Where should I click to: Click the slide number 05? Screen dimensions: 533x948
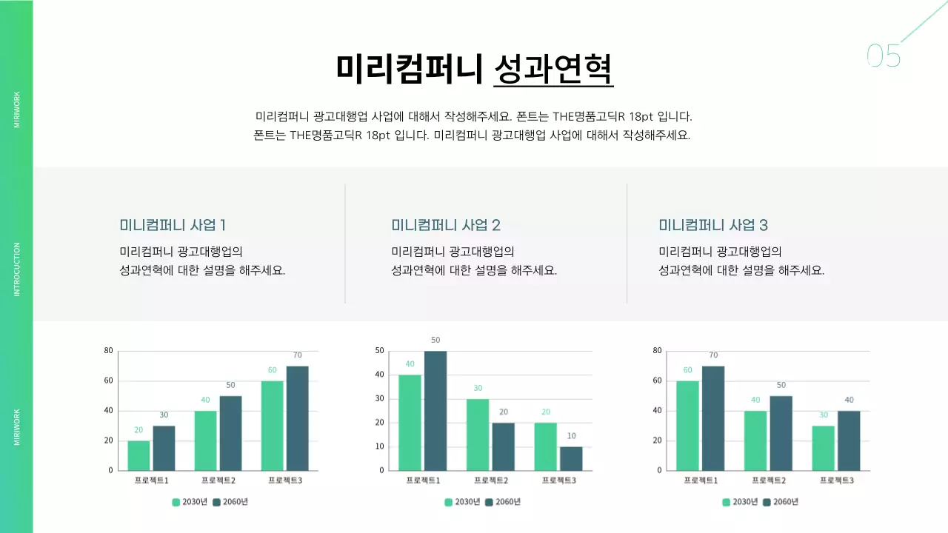tap(884, 56)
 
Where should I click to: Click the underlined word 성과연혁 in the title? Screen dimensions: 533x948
tap(553, 69)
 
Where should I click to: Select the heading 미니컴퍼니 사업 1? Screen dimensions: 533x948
tap(173, 225)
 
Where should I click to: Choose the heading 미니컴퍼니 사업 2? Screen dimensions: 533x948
tap(446, 225)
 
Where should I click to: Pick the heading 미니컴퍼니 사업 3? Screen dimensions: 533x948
tap(713, 225)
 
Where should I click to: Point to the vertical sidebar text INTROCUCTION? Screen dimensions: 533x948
tap(17, 269)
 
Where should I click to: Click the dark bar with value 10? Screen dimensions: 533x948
tap(571, 458)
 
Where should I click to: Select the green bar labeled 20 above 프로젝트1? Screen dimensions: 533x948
tap(138, 455)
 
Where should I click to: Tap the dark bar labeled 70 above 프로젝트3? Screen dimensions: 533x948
tap(297, 418)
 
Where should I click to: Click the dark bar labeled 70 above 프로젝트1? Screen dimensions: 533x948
tap(713, 418)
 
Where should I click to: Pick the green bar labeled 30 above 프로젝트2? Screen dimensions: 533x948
tap(478, 435)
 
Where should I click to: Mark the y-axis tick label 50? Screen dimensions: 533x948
tap(380, 351)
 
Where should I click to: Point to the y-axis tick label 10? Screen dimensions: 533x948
tap(380, 446)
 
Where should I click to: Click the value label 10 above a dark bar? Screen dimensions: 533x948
tap(571, 436)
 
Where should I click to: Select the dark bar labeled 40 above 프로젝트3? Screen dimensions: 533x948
tap(849, 440)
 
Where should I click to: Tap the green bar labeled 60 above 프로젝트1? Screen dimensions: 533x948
tap(687, 426)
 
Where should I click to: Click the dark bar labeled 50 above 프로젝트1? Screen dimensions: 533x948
tap(435, 411)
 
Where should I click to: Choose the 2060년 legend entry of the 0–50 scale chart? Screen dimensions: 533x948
tap(503, 502)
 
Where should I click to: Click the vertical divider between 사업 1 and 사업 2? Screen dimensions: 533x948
tap(345, 244)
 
